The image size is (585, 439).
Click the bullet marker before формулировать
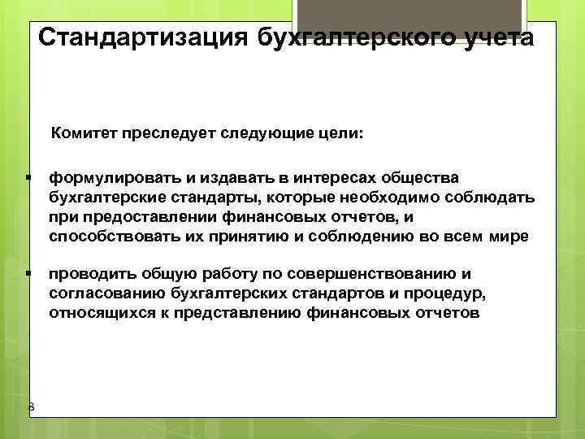(x=28, y=177)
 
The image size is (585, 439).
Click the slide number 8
(x=31, y=406)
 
